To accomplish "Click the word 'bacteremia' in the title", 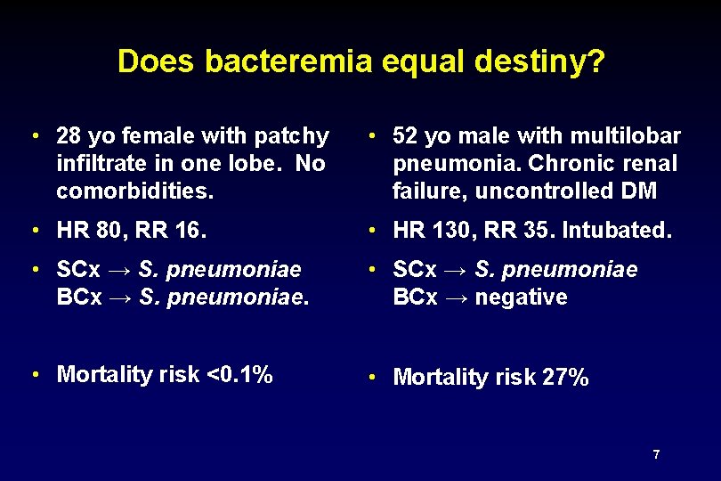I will coord(290,61).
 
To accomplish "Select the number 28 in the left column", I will coord(68,136).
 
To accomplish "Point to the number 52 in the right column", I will coord(405,136).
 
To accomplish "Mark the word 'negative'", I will coord(521,298).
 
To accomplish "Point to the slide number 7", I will coord(656,455).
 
